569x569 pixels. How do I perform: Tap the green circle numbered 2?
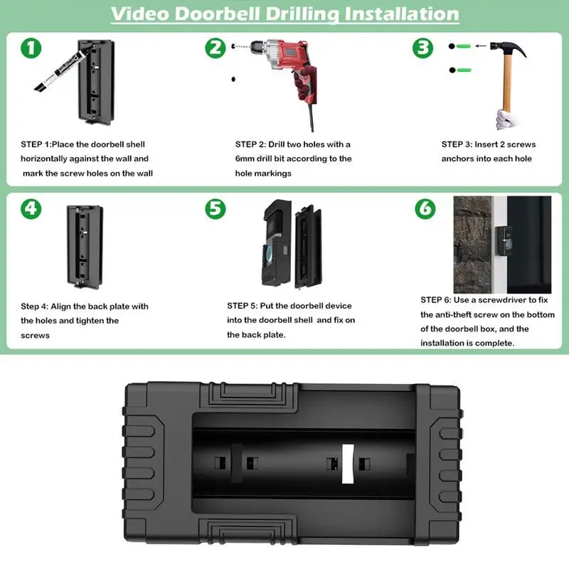coord(215,48)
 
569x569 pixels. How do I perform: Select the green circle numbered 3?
coord(423,48)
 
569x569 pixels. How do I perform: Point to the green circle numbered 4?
coord(31,208)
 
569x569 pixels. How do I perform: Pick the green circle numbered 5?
coord(215,208)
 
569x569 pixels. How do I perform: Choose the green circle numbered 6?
coord(424,208)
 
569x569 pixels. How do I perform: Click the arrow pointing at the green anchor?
coord(482,46)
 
